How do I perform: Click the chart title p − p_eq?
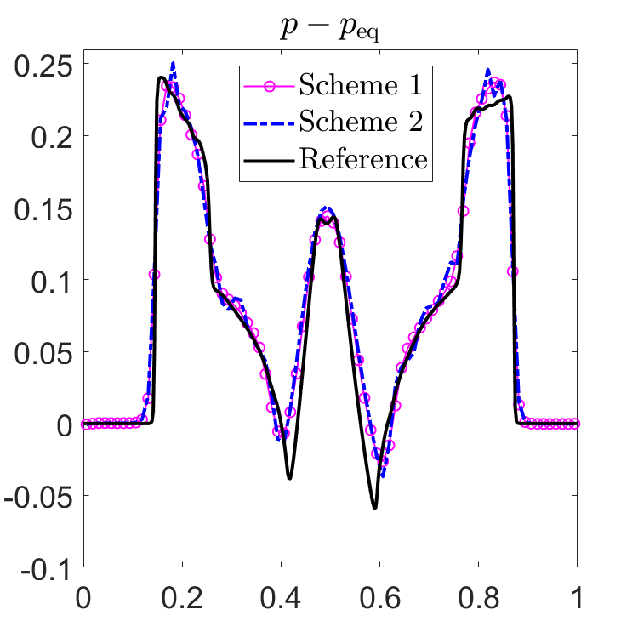click(330, 30)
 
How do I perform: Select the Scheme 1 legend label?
click(361, 84)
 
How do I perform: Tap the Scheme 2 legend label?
click(361, 122)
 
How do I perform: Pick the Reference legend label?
click(363, 158)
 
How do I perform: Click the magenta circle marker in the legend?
click(270, 86)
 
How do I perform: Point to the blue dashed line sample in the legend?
click(269, 123)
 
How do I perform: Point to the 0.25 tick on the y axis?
click(43, 66)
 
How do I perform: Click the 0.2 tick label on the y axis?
click(52, 138)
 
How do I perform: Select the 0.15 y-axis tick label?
click(43, 210)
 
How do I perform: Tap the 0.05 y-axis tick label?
click(43, 354)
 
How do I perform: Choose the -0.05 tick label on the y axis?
click(38, 498)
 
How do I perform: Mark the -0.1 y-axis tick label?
click(47, 570)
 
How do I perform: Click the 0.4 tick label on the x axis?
click(281, 598)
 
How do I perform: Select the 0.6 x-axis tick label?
click(379, 598)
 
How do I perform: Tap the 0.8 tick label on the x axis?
click(478, 598)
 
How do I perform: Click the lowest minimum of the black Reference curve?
click(375, 508)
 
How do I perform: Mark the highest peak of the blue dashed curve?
click(173, 63)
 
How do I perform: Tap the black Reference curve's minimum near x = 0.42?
click(290, 478)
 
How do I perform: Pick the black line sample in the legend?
click(269, 161)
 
